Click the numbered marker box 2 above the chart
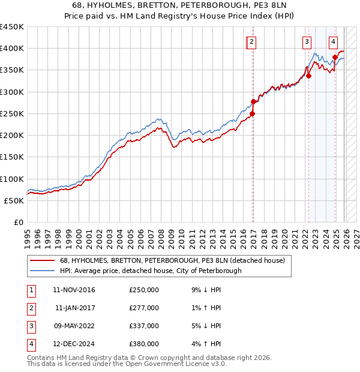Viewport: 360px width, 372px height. point(251,41)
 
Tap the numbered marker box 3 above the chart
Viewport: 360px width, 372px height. point(307,41)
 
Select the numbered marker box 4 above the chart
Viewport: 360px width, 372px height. point(333,41)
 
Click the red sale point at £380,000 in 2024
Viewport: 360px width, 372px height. point(335,57)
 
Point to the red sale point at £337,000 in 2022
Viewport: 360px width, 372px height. point(308,76)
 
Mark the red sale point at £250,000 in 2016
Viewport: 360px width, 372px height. point(253,113)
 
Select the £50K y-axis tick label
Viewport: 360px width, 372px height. point(14,200)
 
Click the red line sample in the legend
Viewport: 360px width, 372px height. point(42,260)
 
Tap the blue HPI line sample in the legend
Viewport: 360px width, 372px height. point(42,271)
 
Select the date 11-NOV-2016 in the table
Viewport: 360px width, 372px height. point(74,290)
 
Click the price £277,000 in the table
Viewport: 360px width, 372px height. point(144,308)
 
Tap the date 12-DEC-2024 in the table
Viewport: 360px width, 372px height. point(74,344)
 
